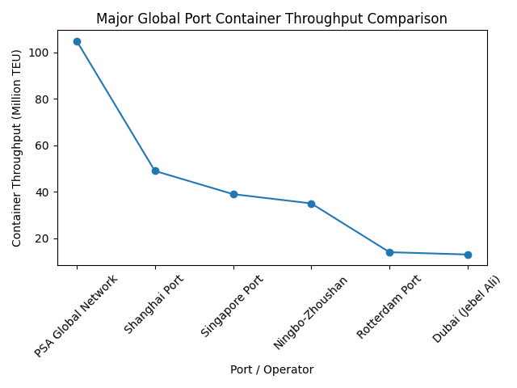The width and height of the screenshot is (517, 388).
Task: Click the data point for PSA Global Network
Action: point(77,41)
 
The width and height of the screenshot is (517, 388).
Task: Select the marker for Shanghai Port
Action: point(155,171)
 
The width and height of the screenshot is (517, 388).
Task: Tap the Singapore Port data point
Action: point(233,194)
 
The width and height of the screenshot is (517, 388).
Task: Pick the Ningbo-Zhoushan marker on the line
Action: point(311,204)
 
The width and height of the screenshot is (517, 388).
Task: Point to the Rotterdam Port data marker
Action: point(389,252)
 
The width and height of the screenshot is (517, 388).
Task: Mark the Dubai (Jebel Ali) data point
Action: point(468,255)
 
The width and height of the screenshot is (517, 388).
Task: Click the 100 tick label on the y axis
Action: point(41,53)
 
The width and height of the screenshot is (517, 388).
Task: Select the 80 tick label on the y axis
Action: point(44,99)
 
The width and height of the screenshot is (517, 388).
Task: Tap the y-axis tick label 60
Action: point(44,145)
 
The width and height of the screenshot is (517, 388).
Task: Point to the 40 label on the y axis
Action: point(44,192)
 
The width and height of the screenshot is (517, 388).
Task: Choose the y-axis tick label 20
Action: point(44,238)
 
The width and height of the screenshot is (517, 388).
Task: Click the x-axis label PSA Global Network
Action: point(77,316)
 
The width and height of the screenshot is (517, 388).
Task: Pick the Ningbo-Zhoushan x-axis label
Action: point(311,312)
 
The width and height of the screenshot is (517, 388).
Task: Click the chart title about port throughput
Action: point(271,19)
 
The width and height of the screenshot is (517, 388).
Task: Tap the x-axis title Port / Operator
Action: point(271,369)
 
